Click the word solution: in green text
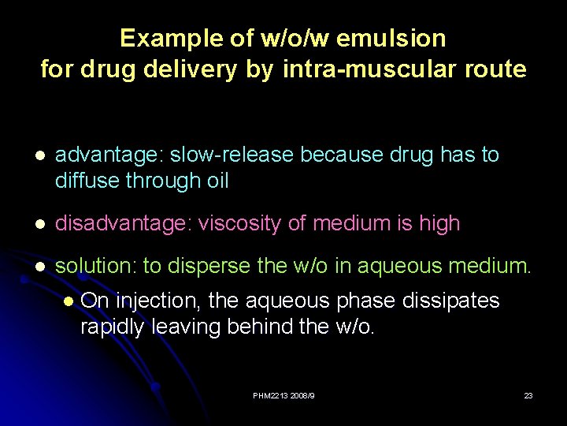pyautogui.click(x=96, y=267)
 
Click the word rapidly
pyautogui.click(x=113, y=327)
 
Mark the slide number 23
pyautogui.click(x=528, y=395)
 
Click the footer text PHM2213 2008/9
pyautogui.click(x=283, y=395)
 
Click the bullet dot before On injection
pyautogui.click(x=69, y=301)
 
